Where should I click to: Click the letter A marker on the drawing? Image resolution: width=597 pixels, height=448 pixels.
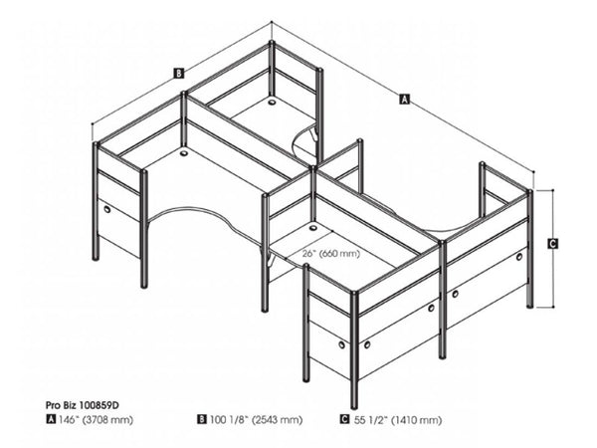pyautogui.click(x=403, y=99)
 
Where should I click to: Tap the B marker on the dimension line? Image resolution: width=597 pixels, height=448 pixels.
pyautogui.click(x=177, y=73)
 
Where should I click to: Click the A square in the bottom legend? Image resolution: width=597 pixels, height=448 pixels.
pyautogui.click(x=51, y=420)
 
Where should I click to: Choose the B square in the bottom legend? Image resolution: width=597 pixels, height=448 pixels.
pyautogui.click(x=202, y=420)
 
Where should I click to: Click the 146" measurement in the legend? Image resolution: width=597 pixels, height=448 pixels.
pyautogui.click(x=69, y=420)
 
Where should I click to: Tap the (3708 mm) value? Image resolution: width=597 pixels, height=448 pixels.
pyautogui.click(x=107, y=420)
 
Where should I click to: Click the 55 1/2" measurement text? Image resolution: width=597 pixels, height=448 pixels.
pyautogui.click(x=367, y=420)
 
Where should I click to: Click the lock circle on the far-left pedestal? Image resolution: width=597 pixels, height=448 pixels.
pyautogui.click(x=106, y=211)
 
